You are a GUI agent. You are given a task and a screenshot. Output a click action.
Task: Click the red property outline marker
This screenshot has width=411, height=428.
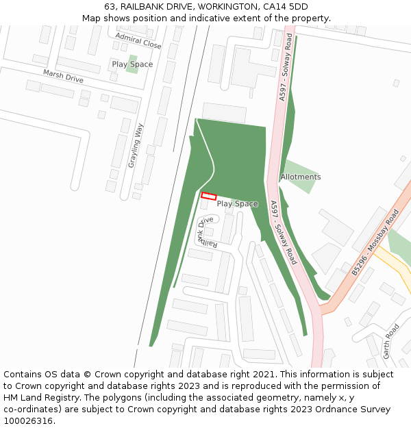(209, 196)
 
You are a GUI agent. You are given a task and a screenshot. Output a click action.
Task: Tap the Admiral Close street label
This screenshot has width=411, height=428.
(138, 40)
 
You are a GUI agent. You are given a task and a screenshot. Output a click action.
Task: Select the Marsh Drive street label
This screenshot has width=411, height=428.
(63, 76)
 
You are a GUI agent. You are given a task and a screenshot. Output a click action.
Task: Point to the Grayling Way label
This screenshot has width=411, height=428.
(136, 145)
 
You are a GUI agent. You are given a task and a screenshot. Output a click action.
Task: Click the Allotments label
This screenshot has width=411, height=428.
(300, 177)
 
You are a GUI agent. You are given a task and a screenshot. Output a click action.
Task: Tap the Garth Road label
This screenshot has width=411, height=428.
(391, 341)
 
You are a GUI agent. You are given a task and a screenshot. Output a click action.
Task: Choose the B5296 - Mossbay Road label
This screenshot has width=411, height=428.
(375, 243)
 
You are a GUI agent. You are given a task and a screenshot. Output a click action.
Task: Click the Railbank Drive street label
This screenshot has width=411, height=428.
(208, 232)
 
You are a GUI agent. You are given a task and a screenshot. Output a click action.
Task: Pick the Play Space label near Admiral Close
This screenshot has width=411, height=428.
(132, 64)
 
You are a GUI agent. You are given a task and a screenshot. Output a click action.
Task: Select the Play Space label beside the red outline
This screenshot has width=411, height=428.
(237, 203)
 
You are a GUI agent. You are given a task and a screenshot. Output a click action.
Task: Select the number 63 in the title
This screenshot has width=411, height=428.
(108, 7)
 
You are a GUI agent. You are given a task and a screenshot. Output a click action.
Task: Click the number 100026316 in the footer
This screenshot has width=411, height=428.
(27, 421)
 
